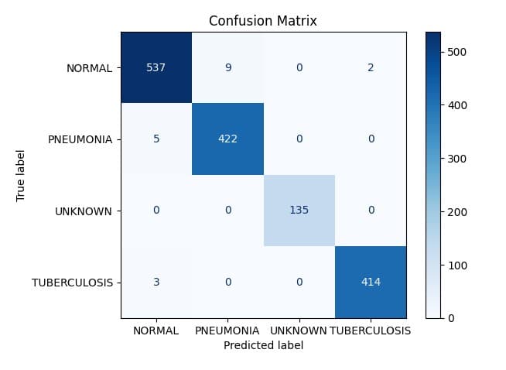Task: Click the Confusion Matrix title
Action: point(263,21)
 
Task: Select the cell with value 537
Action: point(156,67)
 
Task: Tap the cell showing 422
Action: point(227,139)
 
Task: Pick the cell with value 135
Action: point(299,211)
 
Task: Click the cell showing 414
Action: point(371,283)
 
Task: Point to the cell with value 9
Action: point(227,67)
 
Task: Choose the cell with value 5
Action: point(156,139)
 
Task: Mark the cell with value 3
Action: point(156,283)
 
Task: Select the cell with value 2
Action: point(371,67)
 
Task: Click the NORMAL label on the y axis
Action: point(90,68)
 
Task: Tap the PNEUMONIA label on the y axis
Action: point(80,139)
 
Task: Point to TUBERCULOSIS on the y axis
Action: point(72,283)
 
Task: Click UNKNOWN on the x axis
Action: point(298,331)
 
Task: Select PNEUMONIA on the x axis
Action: point(227,331)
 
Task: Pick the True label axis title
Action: point(20,176)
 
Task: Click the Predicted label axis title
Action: point(263,345)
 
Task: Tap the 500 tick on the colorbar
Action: point(456,52)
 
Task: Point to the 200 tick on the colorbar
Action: point(456,212)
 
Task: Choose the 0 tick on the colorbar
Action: point(451,318)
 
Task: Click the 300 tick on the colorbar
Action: point(456,159)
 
